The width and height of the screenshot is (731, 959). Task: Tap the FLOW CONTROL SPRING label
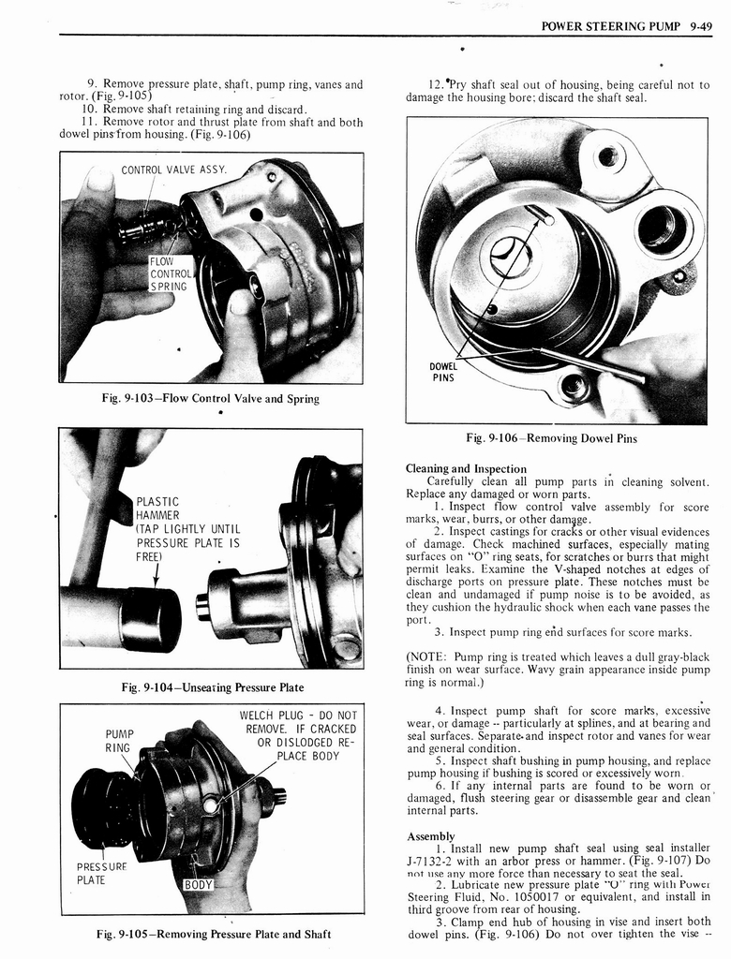pyautogui.click(x=169, y=274)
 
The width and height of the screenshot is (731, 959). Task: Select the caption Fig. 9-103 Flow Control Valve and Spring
pyautogui.click(x=211, y=399)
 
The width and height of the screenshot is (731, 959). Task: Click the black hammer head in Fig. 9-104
pyautogui.click(x=150, y=619)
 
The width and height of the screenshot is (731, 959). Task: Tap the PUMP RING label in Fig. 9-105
pyautogui.click(x=118, y=741)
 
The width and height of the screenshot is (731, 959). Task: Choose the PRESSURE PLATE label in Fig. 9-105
pyautogui.click(x=97, y=873)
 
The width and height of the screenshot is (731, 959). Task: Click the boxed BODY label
pyautogui.click(x=199, y=885)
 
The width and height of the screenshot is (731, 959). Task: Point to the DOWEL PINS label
pyautogui.click(x=443, y=373)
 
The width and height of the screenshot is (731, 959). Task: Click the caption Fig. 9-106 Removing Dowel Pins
pyautogui.click(x=557, y=438)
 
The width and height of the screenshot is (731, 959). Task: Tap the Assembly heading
pyautogui.click(x=431, y=835)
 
